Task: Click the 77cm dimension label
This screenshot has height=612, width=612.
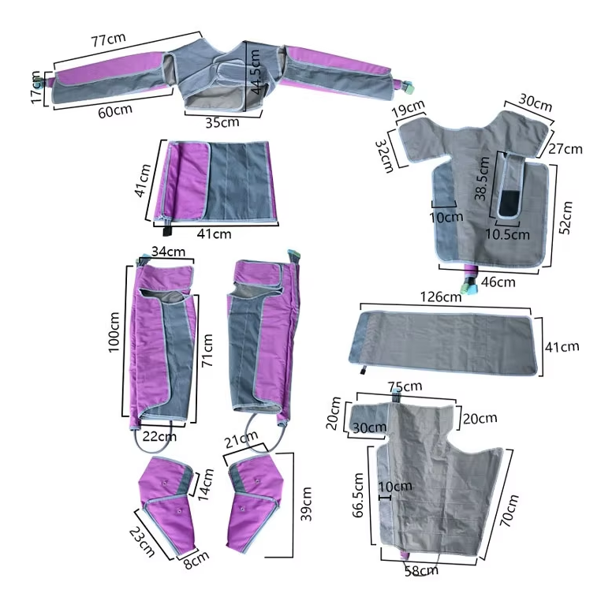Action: pos(108,39)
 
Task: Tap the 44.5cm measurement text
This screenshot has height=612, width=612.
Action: pos(256,72)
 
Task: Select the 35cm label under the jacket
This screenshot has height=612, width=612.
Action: pos(222,122)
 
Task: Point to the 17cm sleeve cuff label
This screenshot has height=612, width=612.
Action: pos(36,88)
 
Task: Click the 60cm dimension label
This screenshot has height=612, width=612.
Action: pos(115,111)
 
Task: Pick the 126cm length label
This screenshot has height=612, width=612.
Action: pos(441,297)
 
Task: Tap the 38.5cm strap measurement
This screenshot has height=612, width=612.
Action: pos(482,178)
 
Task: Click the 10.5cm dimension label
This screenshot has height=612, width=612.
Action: pos(507,234)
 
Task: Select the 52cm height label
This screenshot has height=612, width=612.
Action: pos(565,218)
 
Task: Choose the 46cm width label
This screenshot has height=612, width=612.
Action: pos(498,282)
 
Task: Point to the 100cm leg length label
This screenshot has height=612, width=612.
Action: pos(114,332)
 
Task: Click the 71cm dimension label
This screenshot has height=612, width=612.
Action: pos(207,350)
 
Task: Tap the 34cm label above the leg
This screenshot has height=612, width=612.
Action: pos(168,252)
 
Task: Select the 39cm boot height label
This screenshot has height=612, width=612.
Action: pos(306,504)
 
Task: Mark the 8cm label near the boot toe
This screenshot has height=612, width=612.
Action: pos(196,560)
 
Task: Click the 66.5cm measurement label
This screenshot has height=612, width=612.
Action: pos(358,495)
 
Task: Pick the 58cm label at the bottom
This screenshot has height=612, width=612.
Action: pos(421,571)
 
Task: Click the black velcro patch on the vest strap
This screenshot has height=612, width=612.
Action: pos(509,203)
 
